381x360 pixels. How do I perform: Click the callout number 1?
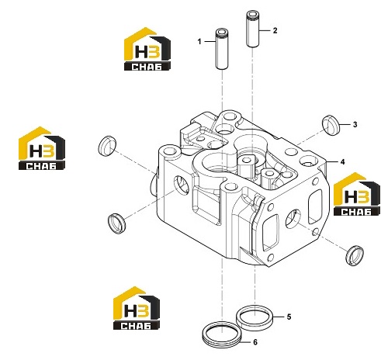[x=199, y=41]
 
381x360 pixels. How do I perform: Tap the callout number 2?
[x=275, y=30]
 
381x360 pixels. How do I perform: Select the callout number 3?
[x=355, y=125]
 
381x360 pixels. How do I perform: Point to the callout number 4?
[x=343, y=162]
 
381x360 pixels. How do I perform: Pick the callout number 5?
[x=289, y=317]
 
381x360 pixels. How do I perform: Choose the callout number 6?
[x=255, y=342]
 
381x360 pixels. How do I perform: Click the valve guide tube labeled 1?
[x=222, y=49]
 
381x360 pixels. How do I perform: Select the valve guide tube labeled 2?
[x=252, y=29]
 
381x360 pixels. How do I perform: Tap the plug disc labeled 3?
[x=331, y=125]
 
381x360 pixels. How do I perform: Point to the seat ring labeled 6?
[x=221, y=333]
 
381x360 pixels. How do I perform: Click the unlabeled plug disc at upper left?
[x=107, y=146]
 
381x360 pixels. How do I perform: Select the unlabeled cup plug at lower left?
[x=116, y=223]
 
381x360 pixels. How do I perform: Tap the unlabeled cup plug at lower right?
[x=355, y=255]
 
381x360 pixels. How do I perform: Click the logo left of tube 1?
[x=147, y=49]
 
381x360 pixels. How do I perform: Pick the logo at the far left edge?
[x=42, y=148]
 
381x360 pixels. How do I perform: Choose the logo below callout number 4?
[x=357, y=194]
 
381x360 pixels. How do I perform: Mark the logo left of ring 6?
[x=137, y=308]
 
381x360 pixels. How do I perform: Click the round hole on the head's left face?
[x=181, y=185]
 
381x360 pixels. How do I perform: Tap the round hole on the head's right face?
[x=293, y=219]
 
